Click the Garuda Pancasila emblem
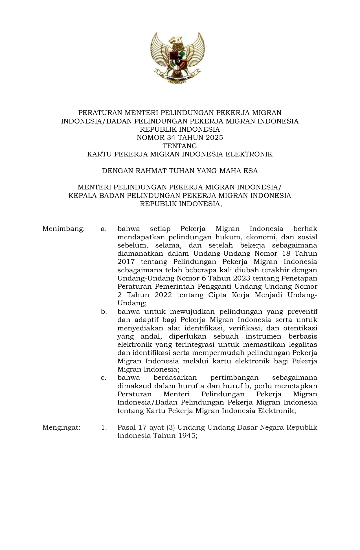178,58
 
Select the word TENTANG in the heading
180,146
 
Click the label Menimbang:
63,229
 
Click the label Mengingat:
61,427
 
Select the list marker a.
104,229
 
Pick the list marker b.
104,312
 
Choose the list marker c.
104,378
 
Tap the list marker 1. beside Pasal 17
104,427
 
